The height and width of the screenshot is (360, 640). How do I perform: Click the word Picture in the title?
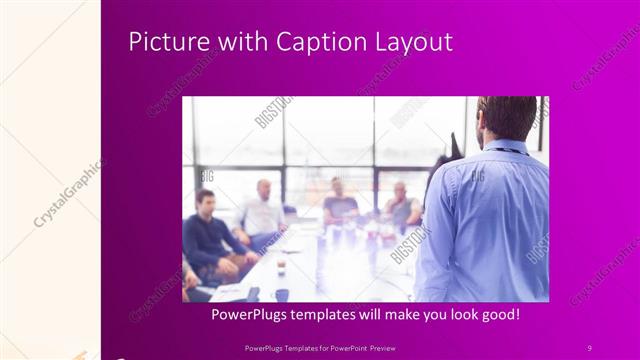coord(162,42)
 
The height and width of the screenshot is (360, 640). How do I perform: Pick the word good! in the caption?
coord(498,314)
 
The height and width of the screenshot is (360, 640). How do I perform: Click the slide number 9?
coord(589,347)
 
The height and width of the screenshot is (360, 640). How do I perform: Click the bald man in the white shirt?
coord(263,210)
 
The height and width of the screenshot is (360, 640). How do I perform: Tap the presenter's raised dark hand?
coord(456,148)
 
